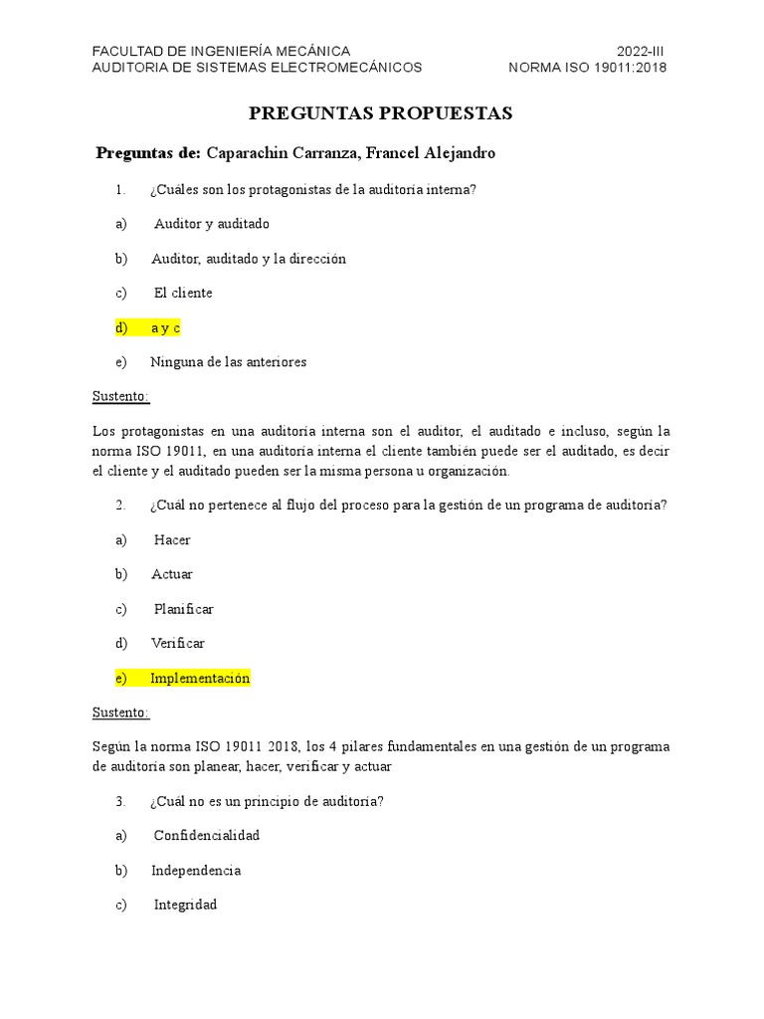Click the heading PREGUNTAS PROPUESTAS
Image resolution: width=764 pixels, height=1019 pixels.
(381, 113)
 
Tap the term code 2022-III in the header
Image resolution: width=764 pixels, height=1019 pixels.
(641, 51)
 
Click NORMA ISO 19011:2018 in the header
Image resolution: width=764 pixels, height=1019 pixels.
(587, 68)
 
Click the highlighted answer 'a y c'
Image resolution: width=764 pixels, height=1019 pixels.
(165, 327)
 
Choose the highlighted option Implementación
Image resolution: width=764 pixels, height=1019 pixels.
(200, 678)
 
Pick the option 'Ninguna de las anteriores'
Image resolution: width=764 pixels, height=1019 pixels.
(228, 362)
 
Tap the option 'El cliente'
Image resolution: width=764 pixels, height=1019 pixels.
(183, 293)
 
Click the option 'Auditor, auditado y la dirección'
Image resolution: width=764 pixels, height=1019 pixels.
(249, 259)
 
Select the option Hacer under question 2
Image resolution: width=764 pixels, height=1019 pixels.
(172, 539)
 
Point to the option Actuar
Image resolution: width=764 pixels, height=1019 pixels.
(172, 574)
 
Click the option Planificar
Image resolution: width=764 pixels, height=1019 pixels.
(184, 609)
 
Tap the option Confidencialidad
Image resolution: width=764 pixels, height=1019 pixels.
(207, 835)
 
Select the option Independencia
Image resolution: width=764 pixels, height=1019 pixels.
(196, 870)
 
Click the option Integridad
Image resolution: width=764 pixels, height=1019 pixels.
(185, 905)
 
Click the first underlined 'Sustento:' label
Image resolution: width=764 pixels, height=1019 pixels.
(120, 396)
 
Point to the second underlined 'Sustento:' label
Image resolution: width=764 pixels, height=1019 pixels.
(120, 713)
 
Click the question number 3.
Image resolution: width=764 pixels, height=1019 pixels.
(119, 801)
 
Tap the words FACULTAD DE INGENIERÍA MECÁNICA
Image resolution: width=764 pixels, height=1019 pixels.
(221, 51)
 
